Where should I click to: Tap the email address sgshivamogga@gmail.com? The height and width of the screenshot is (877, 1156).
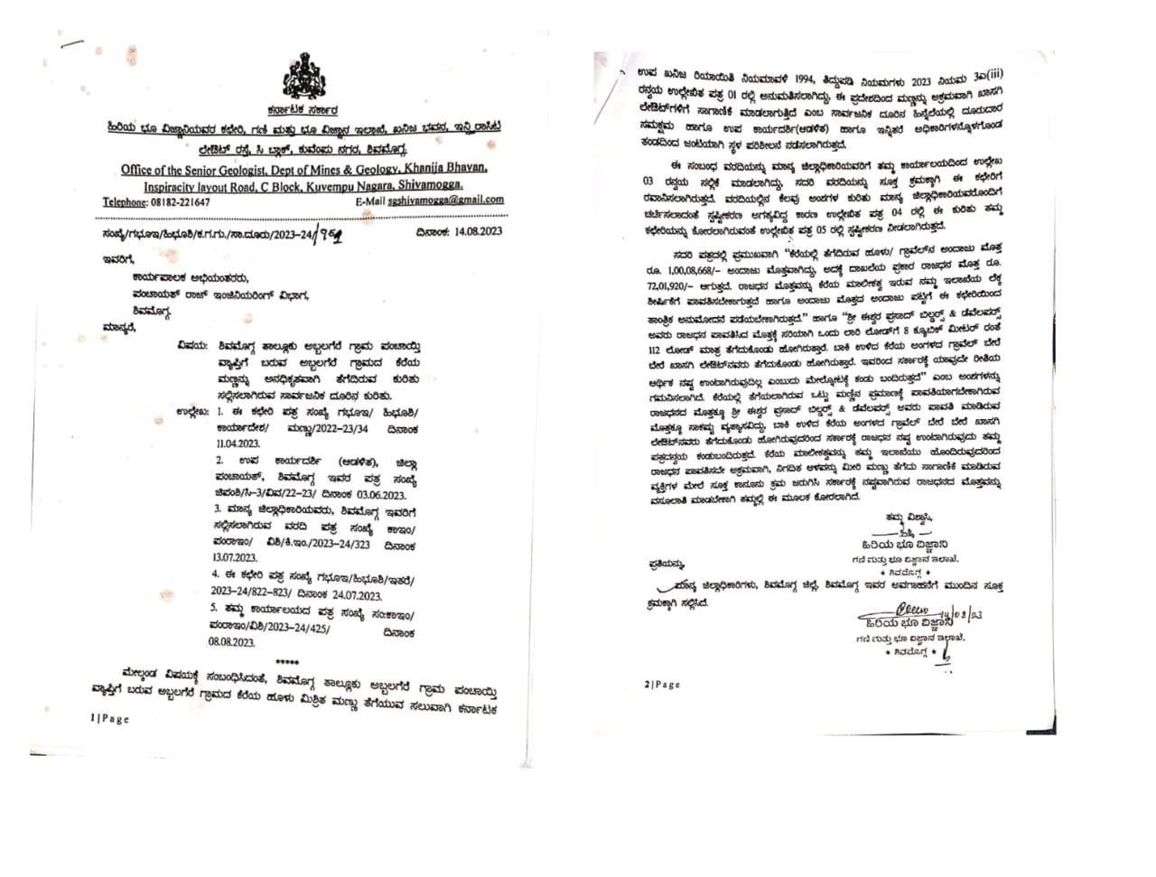[449, 201]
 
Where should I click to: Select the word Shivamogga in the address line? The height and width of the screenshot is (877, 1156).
[424, 184]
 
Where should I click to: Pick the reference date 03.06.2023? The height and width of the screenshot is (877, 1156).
[378, 495]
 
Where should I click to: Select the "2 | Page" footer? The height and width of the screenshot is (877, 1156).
[662, 685]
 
